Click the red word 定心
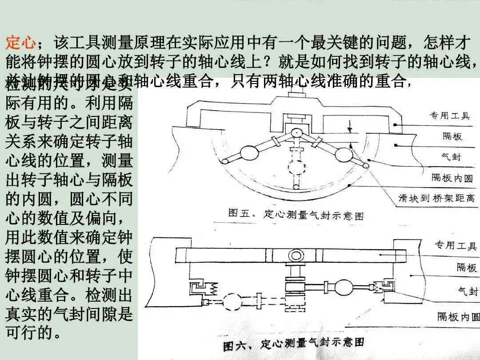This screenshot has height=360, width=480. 20,44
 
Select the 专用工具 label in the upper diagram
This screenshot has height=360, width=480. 449,116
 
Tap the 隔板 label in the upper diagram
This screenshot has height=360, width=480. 452,136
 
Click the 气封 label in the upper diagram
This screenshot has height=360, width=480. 452,157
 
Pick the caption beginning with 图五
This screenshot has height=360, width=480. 296,214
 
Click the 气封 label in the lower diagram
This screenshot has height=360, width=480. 468,291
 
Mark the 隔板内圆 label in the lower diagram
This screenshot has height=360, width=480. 458,316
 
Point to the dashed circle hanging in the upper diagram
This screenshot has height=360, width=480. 296,168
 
